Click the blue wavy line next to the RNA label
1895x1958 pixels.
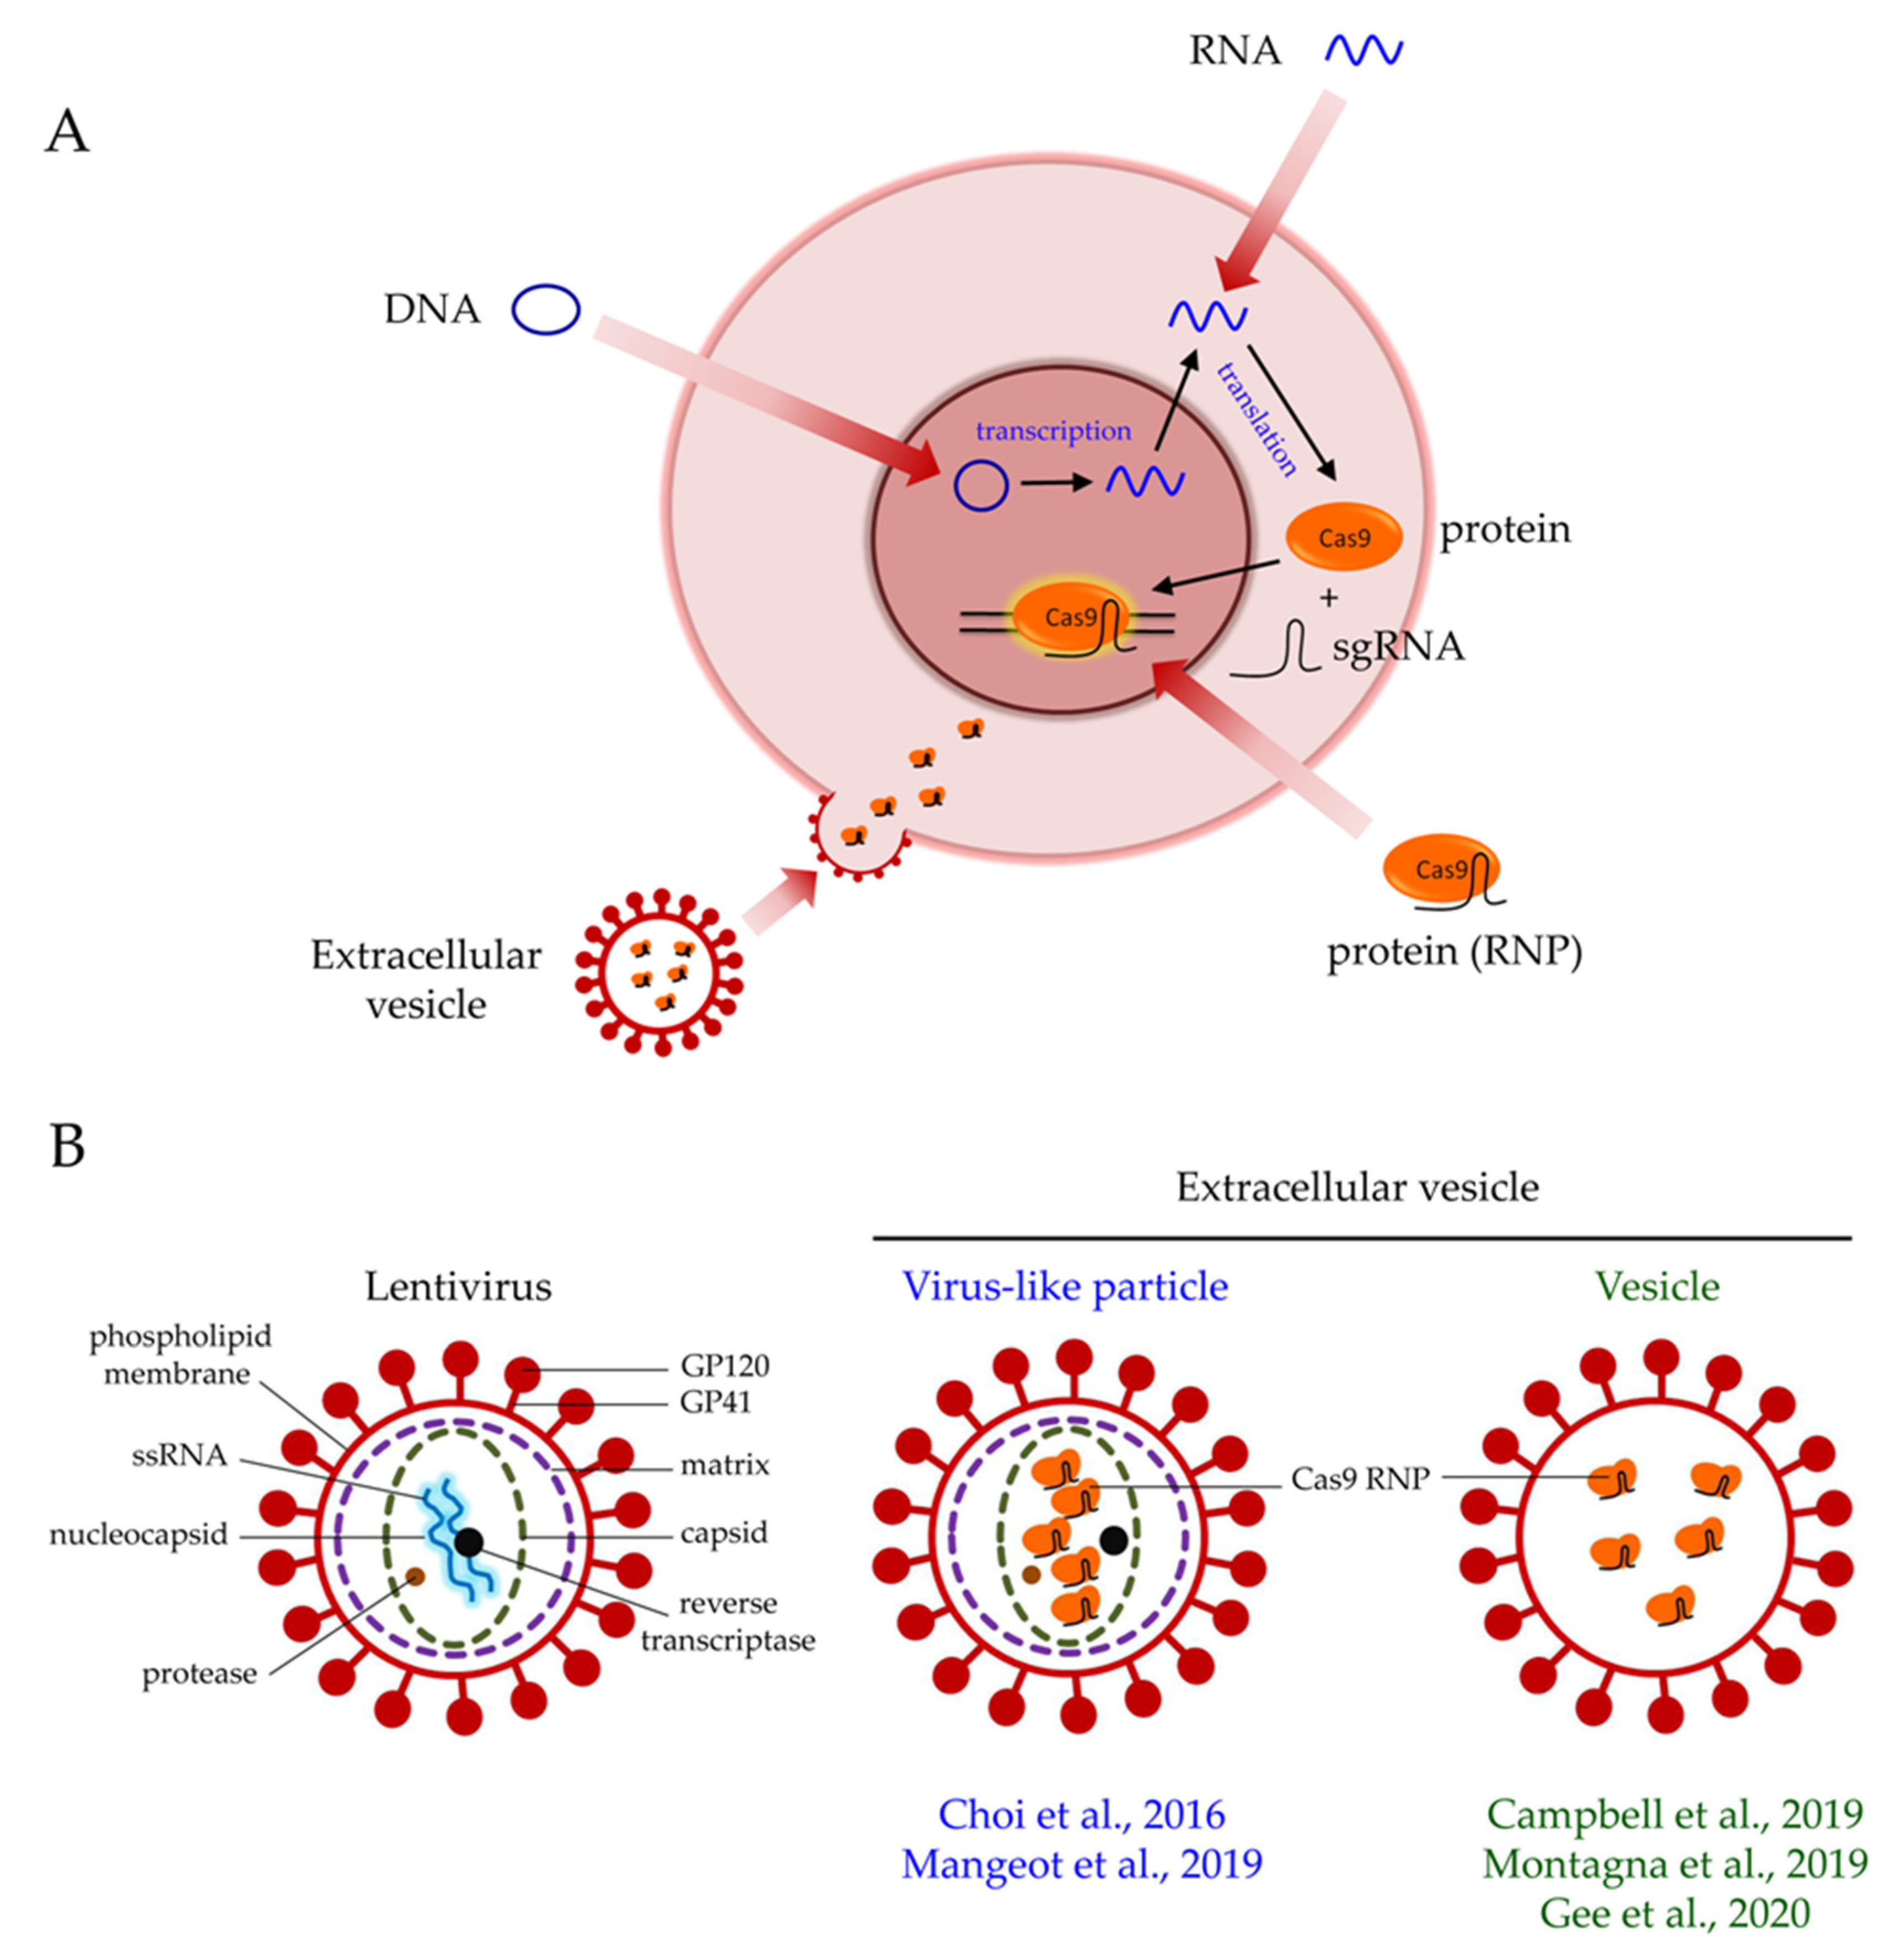click(1363, 50)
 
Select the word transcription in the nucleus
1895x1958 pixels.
click(1053, 431)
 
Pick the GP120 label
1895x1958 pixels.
click(724, 1365)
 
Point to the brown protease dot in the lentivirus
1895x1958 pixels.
click(415, 1576)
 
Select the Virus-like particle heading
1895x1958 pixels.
click(1065, 1286)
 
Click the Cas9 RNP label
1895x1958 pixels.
click(1360, 1478)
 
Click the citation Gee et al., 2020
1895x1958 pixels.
click(1674, 1912)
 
